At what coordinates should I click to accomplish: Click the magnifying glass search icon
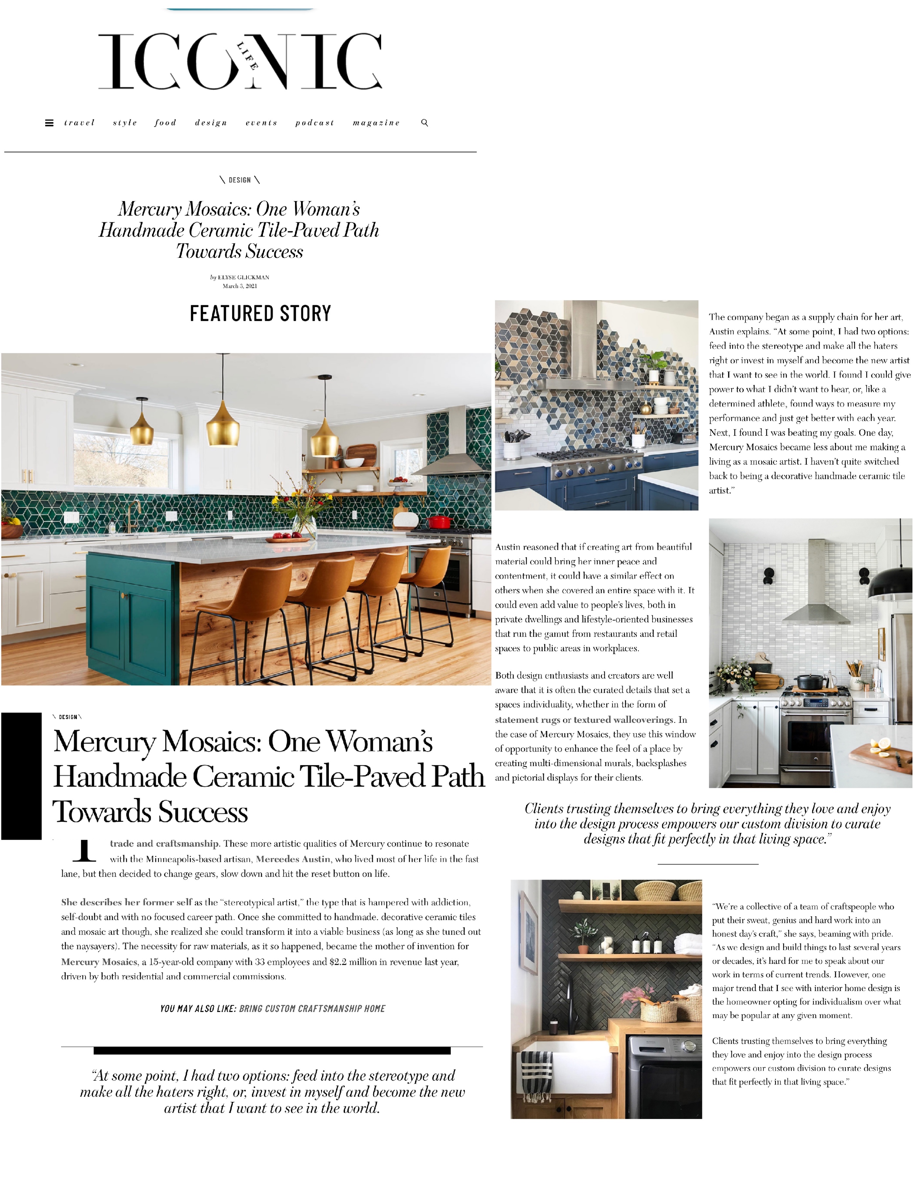pos(425,123)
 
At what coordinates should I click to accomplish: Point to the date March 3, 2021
pos(240,286)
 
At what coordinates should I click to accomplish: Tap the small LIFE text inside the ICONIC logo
pos(247,56)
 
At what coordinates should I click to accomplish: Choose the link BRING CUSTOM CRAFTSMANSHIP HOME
pos(312,1008)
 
